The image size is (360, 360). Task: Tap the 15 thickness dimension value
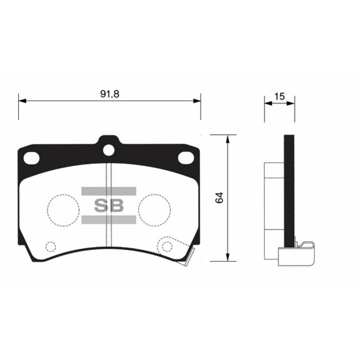coord(279,96)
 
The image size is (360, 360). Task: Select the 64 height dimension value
coord(220,197)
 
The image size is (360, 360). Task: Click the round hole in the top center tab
coord(109,150)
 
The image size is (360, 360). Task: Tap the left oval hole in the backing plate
coord(32,158)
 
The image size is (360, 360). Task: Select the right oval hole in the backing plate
coord(186,158)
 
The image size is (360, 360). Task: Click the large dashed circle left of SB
coord(63,209)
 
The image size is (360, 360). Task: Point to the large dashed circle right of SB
coord(154,209)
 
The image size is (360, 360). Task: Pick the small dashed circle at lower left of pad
coord(50,246)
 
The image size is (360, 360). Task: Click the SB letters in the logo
coord(109,206)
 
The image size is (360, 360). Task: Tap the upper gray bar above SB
coord(109,191)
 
